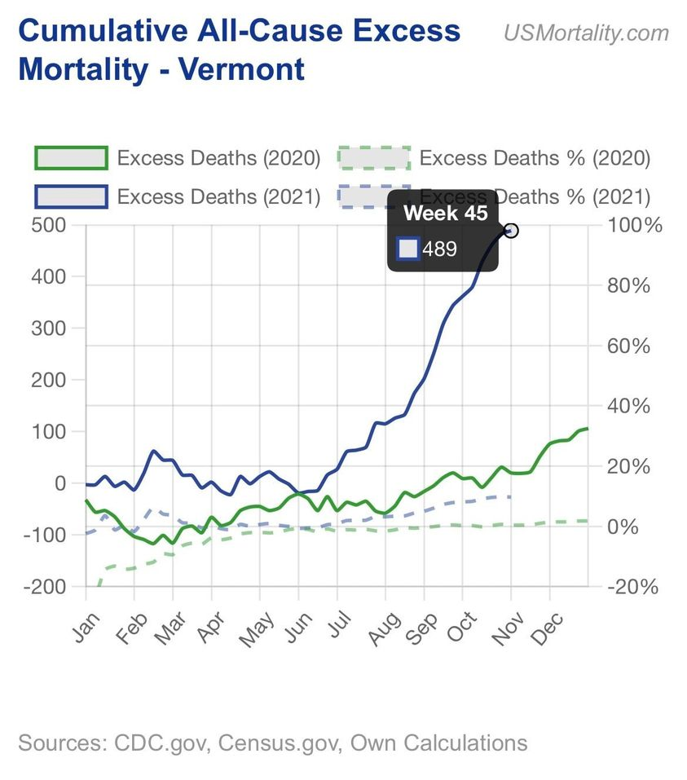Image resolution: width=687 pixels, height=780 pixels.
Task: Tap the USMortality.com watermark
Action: tap(586, 33)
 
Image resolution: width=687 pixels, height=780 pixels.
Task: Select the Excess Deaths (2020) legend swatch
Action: tap(71, 157)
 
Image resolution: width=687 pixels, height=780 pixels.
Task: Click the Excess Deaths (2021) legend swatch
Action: tap(71, 196)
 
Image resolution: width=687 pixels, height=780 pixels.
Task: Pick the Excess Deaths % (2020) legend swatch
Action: tap(373, 157)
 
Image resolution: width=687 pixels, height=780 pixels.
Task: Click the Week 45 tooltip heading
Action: tap(446, 214)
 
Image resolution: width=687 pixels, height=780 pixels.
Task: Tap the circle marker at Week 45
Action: tap(512, 231)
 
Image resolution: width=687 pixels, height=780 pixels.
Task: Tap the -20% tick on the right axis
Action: tap(632, 587)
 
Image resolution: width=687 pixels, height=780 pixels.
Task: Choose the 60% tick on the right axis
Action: tap(632, 346)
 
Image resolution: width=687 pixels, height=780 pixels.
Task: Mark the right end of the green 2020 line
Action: tap(587, 428)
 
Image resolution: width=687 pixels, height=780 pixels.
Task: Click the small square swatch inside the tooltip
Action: tap(408, 249)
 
